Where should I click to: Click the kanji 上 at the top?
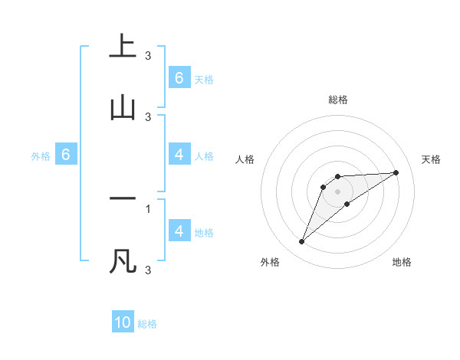pos(122,47)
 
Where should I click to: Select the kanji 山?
pos(122,109)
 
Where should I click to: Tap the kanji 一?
pos(122,198)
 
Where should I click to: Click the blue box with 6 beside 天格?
pos(179,77)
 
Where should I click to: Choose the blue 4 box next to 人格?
pos(179,155)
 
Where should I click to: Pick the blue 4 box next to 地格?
pos(179,231)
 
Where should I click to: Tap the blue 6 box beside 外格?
pos(66,155)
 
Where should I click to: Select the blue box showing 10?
pos(123,322)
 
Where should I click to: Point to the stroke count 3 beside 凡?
pos(148,270)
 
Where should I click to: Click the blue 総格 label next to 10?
pos(147,324)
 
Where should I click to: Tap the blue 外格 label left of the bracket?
pos(41,156)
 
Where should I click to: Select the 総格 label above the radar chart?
pos(338,100)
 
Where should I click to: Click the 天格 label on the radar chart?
pos(432,159)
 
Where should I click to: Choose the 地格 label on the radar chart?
pos(402,262)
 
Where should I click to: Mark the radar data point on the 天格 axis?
pos(396,172)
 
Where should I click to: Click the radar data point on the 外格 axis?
pos(301,242)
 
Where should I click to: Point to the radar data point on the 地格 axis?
pos(347,204)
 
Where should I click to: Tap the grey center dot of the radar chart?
pos(338,191)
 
